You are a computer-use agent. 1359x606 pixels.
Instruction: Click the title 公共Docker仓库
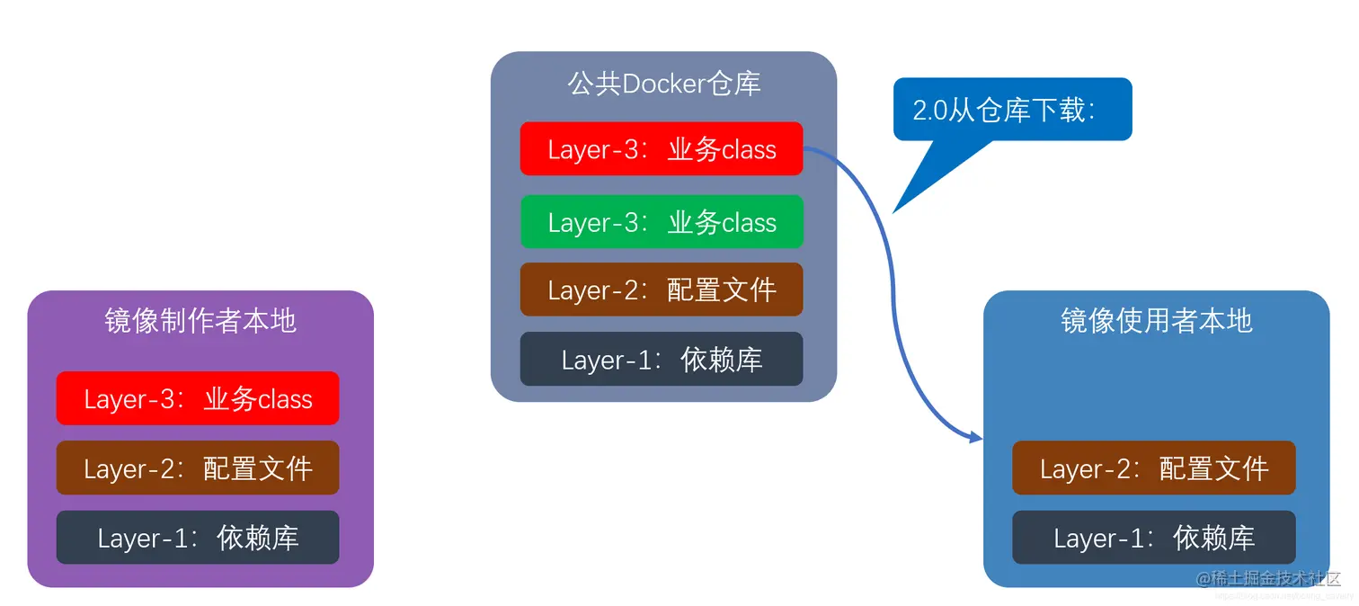663,84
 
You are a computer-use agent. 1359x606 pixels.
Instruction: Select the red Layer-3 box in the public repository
661,149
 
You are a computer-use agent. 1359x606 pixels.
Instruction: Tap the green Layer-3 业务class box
661,222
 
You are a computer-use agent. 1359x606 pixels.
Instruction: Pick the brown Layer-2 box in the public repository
661,290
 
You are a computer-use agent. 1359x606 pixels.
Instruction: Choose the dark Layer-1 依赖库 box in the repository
661,360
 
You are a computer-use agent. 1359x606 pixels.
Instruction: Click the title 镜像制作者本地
200,321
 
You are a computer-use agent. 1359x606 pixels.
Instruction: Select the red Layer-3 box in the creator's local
198,398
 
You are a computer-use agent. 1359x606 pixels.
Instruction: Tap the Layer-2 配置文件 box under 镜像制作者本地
198,468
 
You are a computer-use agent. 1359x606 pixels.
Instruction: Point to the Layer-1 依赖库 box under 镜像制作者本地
198,538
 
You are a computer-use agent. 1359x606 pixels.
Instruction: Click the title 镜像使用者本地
1156,321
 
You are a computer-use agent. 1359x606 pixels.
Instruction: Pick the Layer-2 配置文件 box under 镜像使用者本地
1153,468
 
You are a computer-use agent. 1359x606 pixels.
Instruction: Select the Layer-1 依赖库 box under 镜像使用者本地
1153,538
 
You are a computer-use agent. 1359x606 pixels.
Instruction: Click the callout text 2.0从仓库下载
1004,110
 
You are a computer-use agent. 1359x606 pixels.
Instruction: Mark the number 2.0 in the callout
930,111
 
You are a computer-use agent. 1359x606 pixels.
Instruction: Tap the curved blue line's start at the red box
806,150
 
